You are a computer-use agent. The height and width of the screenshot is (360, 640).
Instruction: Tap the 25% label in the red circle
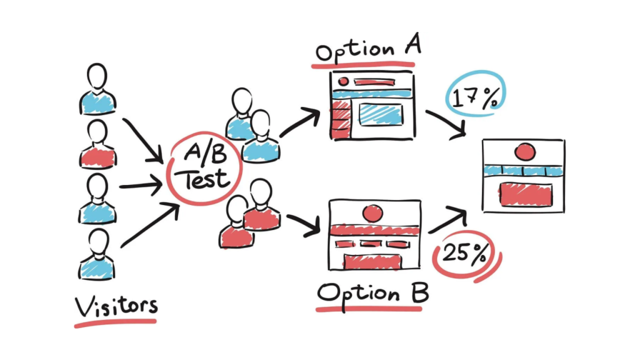pyautogui.click(x=463, y=254)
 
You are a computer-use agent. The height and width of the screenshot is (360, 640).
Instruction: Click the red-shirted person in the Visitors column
pyautogui.click(x=97, y=145)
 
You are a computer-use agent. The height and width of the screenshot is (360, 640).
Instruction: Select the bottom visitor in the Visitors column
pyautogui.click(x=97, y=256)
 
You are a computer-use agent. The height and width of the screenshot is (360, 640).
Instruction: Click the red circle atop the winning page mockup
pyautogui.click(x=524, y=151)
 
